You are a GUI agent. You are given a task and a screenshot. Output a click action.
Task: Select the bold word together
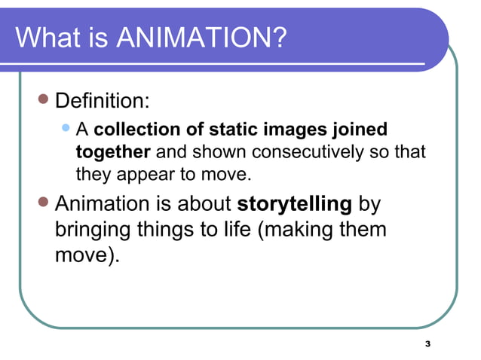pyautogui.click(x=113, y=152)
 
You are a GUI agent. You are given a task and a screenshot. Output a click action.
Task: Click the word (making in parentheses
pyautogui.click(x=296, y=229)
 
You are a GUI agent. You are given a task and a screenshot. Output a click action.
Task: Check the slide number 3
pyautogui.click(x=427, y=344)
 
